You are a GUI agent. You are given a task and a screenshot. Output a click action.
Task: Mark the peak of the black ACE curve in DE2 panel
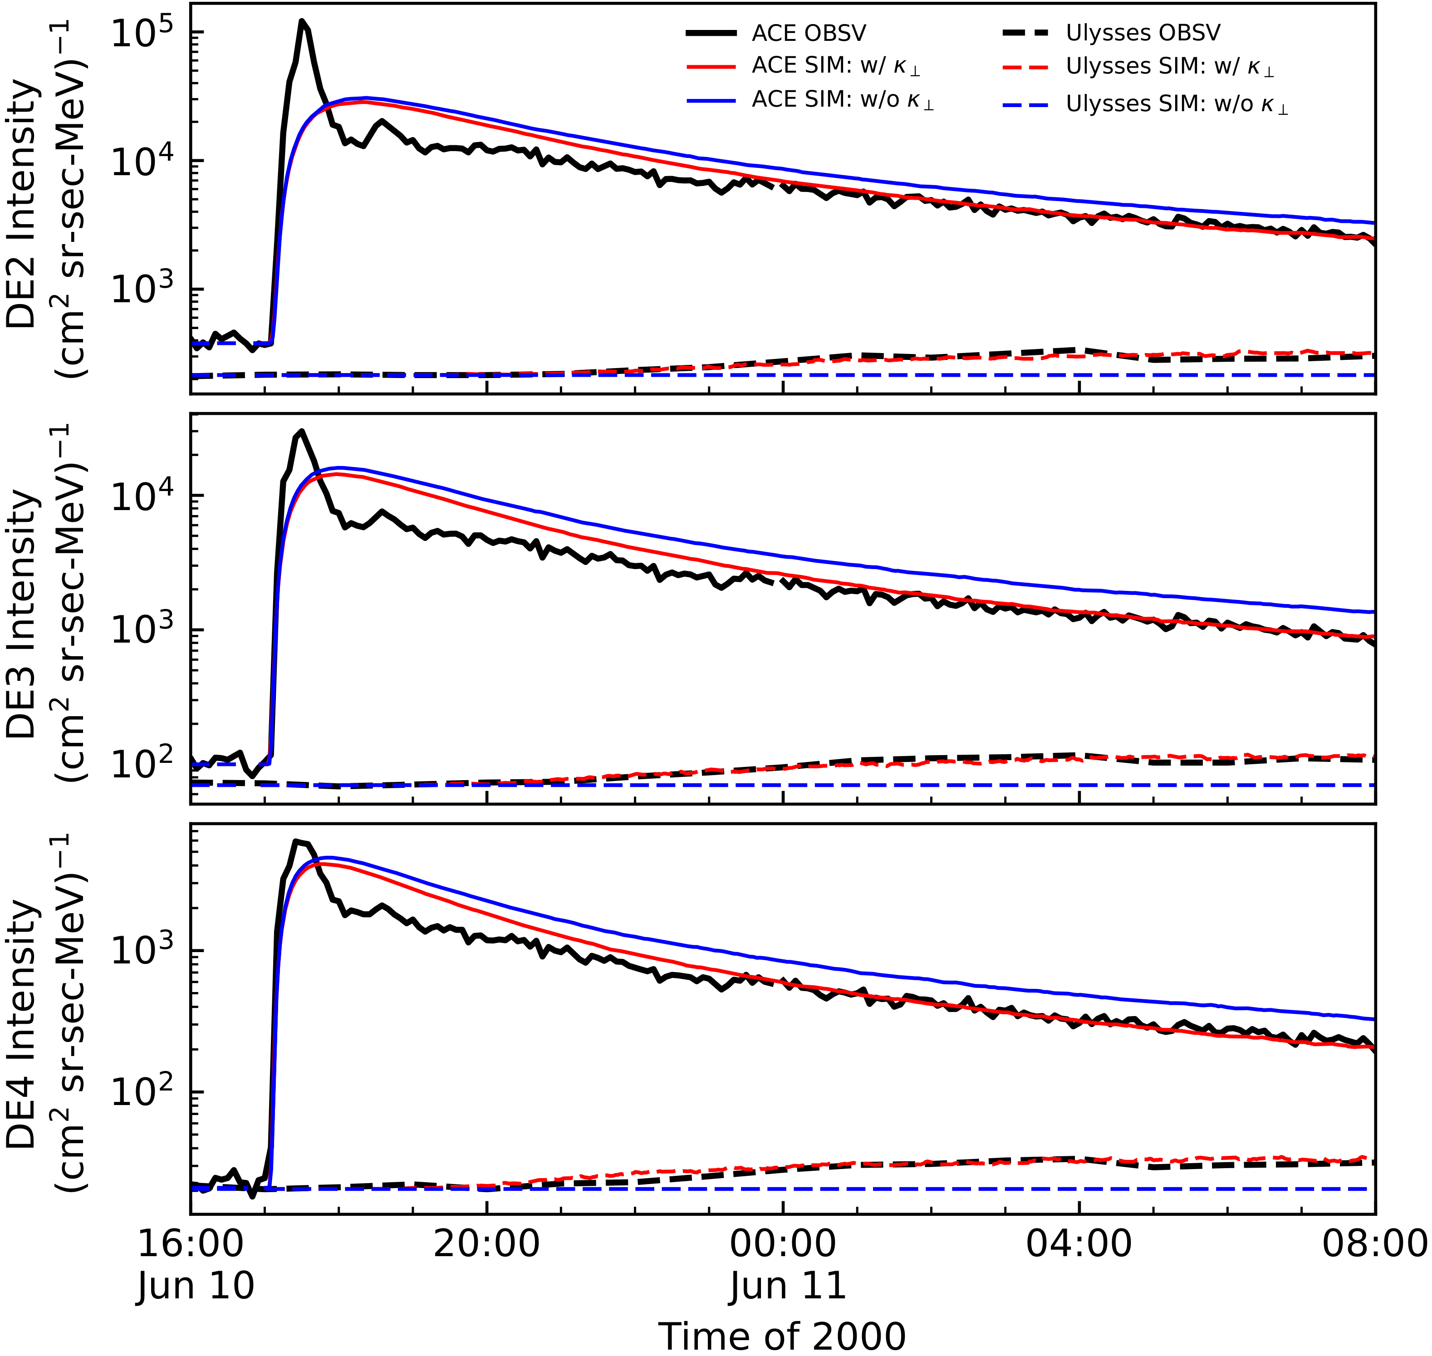[x=302, y=21]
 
